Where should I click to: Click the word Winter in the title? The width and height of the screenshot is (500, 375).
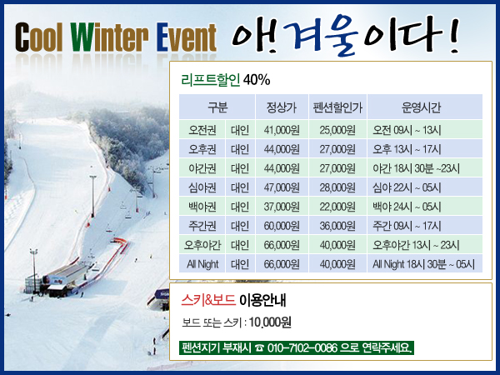coord(110,37)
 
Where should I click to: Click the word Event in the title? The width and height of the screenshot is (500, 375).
coord(187,37)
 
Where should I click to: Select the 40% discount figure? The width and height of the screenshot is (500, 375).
coord(257,80)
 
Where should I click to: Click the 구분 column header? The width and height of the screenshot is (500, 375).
coord(217,107)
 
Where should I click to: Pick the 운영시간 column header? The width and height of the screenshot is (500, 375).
coord(421,107)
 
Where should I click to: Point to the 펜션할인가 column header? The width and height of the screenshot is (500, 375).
coord(337,107)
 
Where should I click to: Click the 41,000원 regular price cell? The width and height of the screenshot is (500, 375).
coord(282,130)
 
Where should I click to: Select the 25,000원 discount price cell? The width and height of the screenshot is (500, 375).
coord(337,130)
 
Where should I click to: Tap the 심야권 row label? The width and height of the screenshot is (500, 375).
coord(202,187)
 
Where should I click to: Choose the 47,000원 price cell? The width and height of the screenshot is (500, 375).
coord(282,187)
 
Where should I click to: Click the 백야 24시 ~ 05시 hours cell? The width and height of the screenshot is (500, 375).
coord(407,207)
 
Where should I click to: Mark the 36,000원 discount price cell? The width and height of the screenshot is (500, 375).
coord(337,226)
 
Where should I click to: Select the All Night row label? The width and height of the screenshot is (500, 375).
coord(202,264)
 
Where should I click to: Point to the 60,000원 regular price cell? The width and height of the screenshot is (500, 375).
coord(282,226)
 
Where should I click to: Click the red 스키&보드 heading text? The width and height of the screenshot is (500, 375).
coord(208,300)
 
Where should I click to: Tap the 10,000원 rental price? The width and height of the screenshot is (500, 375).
coord(270,322)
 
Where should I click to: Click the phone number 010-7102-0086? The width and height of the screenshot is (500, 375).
coord(302,347)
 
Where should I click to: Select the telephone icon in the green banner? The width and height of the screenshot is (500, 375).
coord(259,347)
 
